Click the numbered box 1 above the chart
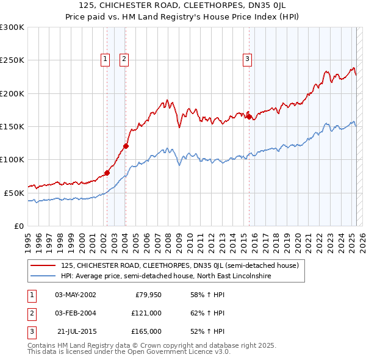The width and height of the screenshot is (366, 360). coord(105,59)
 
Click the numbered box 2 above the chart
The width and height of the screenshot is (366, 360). coord(124,59)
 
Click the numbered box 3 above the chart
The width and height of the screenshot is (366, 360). coord(247,59)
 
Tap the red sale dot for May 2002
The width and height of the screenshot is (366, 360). coord(107,173)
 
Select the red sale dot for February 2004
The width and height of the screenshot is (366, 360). coord(126,146)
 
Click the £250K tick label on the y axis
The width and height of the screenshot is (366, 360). coord(12,60)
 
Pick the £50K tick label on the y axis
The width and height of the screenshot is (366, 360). coord(13,193)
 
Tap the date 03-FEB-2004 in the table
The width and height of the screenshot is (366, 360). coord(76,313)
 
